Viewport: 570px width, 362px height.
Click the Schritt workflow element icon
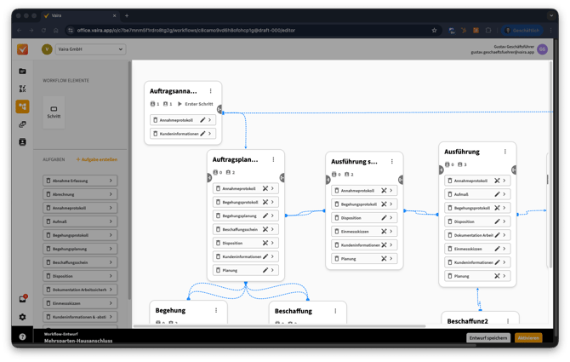point(54,111)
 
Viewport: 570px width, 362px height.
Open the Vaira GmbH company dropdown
point(83,49)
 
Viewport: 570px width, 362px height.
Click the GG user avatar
point(542,49)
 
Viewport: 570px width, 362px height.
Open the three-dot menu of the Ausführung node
point(505,152)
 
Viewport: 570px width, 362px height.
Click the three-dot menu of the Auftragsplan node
point(273,159)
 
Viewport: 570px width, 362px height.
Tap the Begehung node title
point(170,311)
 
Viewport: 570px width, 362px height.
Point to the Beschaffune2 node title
point(467,321)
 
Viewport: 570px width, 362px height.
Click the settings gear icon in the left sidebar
point(22,317)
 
